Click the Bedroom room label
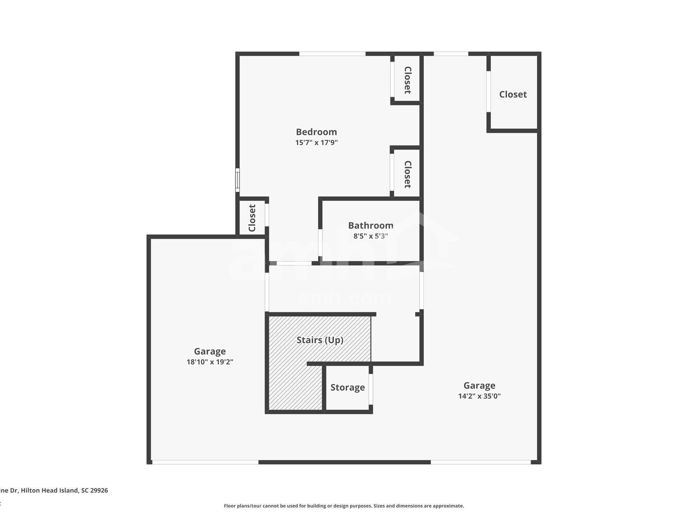coord(316,132)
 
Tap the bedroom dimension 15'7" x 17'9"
coord(316,143)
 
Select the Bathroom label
coord(371,225)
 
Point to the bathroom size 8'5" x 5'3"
coord(371,236)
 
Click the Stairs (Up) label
coord(320,340)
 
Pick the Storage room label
coord(347,387)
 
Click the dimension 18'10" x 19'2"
coord(210,362)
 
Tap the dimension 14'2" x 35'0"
coord(479,396)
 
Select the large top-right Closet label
coord(513,94)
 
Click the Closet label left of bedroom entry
coord(252,218)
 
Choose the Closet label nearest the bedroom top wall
coord(407,80)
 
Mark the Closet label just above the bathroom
coord(407,174)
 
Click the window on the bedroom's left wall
coord(238,180)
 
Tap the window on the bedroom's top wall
coord(332,54)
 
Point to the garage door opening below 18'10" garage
coord(205,462)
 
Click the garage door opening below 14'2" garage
coord(480,462)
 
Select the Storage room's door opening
coord(371,389)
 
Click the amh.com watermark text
coord(344,299)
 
